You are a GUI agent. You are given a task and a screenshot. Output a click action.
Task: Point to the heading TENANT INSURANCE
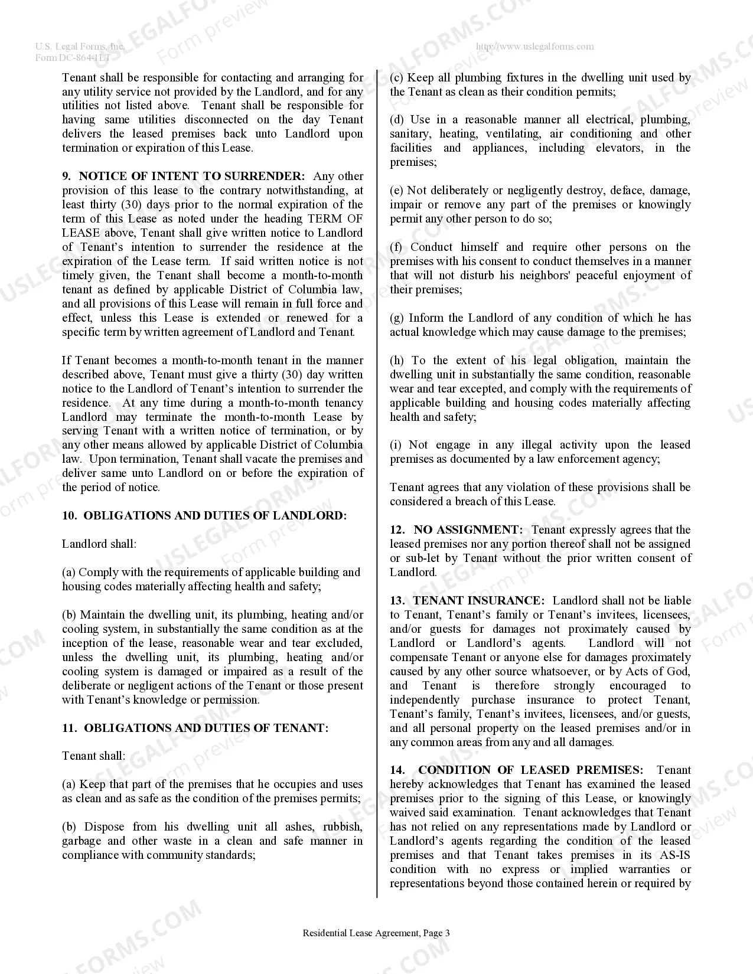point(478,601)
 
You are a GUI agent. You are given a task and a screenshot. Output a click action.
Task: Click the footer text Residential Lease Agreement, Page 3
point(376,933)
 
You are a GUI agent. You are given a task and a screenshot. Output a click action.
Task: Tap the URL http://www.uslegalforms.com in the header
point(534,47)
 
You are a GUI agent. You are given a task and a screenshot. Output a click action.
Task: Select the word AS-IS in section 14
point(673,855)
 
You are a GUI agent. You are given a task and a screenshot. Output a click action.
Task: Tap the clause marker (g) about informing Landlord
point(396,318)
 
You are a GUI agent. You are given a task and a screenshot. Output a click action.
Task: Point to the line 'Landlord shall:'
point(99,544)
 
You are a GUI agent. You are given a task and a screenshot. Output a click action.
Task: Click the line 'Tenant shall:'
point(93,756)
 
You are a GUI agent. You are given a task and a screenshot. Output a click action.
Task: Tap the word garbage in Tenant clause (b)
point(82,841)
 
